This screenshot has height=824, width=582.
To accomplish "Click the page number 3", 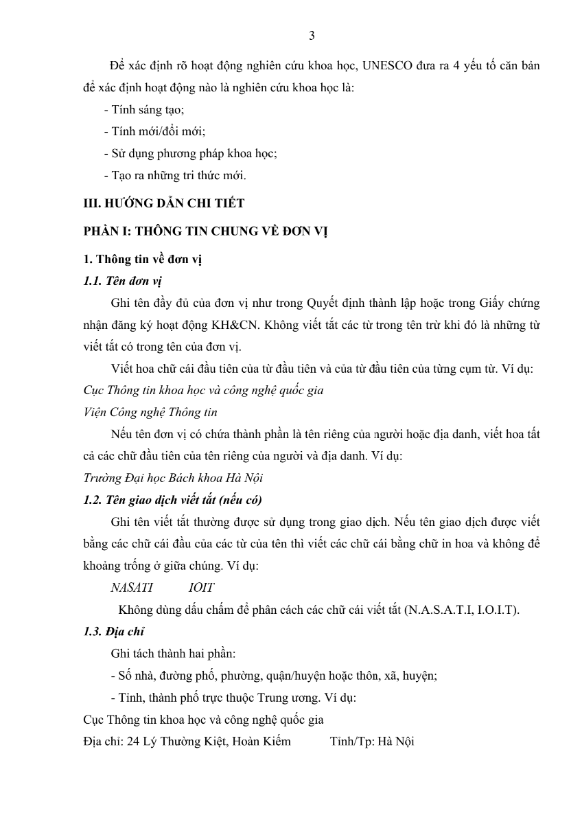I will tap(312, 36).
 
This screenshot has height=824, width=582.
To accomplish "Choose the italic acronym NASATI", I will tap(132, 588).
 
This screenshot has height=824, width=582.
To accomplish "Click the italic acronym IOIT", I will tap(201, 588).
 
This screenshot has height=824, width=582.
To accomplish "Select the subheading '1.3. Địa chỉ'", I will tap(113, 632).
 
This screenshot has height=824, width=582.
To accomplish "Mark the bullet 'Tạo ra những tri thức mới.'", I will tap(174, 175).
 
